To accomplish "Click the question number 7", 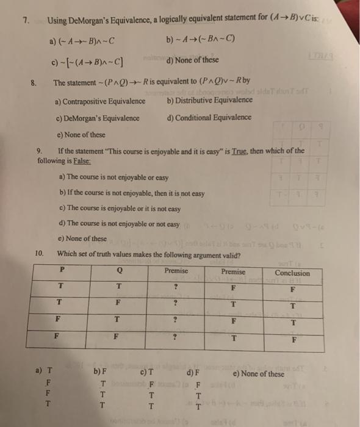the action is tap(26, 20).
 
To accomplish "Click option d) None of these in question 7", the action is tap(193, 60).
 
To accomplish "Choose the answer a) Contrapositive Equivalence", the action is tap(100, 101).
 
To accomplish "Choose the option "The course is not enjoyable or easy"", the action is tap(113, 178).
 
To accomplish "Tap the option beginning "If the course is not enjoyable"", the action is tap(132, 193).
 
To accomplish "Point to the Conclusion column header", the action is tap(292, 273).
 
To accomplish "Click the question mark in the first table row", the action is tap(176, 287).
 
